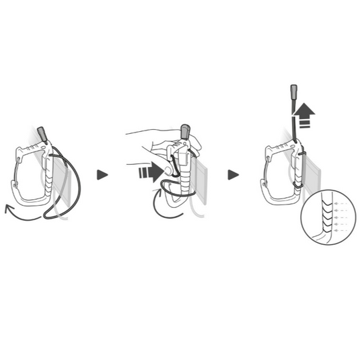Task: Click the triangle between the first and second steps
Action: [102, 174]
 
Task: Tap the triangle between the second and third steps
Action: [233, 174]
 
